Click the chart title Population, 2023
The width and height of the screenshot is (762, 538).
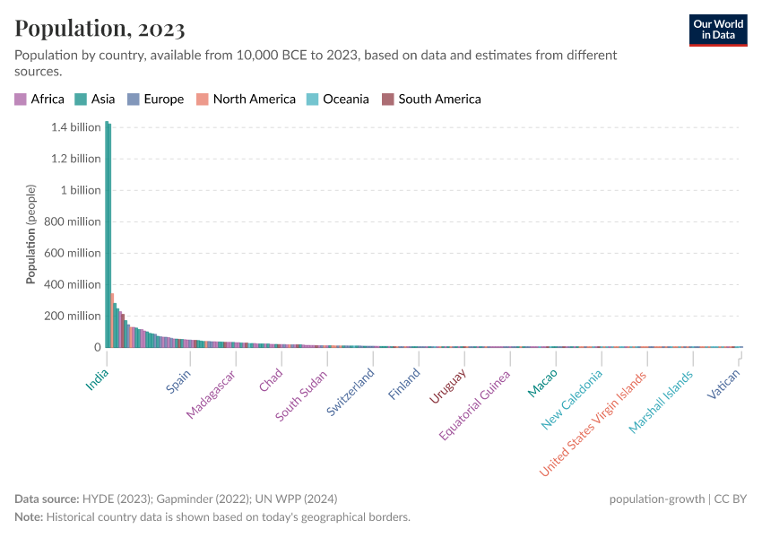pyautogui.click(x=100, y=29)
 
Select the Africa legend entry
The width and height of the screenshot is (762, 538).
pyautogui.click(x=39, y=100)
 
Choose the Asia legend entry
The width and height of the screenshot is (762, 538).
pyautogui.click(x=96, y=100)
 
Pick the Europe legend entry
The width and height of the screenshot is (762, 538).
pyautogui.click(x=156, y=100)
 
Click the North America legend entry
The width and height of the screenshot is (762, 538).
pyautogui.click(x=247, y=100)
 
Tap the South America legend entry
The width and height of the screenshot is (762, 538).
pyautogui.click(x=431, y=100)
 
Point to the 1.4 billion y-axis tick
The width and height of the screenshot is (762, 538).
pyautogui.click(x=75, y=127)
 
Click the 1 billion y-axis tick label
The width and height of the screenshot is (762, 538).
pyautogui.click(x=81, y=190)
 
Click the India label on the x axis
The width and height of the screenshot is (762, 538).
pyautogui.click(x=97, y=380)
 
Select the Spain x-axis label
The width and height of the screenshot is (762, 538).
pyautogui.click(x=178, y=382)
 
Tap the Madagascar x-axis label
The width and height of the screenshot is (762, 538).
pyautogui.click(x=211, y=395)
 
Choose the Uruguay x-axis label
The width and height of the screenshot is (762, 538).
pyautogui.click(x=447, y=386)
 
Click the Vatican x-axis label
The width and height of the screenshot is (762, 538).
pyautogui.click(x=723, y=385)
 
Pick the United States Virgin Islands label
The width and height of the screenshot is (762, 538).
pyautogui.click(x=593, y=423)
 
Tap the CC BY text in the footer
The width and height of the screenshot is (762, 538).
pyautogui.click(x=730, y=499)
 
